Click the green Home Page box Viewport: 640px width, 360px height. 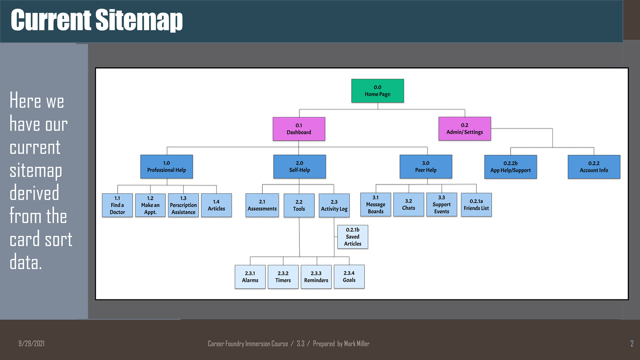click(378, 91)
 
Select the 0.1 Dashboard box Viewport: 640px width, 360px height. click(299, 129)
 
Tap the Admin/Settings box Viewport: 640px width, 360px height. click(465, 129)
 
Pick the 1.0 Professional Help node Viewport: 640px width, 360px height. click(167, 167)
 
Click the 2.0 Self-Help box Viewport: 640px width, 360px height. click(300, 167)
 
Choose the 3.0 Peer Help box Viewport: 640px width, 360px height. click(426, 167)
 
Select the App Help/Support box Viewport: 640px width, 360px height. click(511, 167)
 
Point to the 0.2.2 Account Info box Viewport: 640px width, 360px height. click(594, 167)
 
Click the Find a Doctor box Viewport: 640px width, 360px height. click(117, 205)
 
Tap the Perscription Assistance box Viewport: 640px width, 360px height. click(183, 205)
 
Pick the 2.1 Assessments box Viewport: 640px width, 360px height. click(262, 205)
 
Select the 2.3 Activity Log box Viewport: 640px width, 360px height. click(334, 206)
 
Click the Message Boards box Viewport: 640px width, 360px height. click(376, 205)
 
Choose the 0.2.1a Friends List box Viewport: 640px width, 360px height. click(476, 205)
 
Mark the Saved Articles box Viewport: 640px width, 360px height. click(353, 237)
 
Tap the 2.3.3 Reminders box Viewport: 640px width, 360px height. click(316, 277)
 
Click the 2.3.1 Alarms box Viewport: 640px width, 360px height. click(250, 277)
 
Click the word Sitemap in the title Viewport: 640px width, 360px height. click(139, 20)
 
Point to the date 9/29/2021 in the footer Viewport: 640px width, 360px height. click(31, 344)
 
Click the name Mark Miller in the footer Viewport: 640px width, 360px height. click(357, 344)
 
